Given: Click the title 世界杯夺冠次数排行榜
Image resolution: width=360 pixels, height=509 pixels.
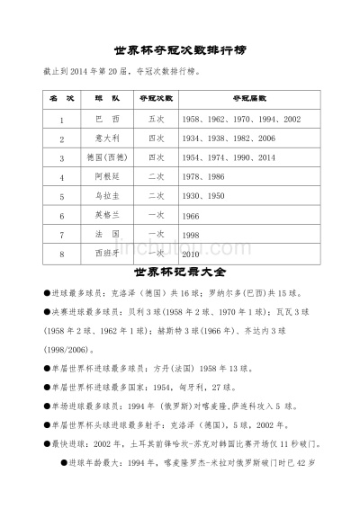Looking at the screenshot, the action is (179, 50).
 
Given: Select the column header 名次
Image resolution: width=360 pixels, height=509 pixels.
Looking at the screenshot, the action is (61, 98).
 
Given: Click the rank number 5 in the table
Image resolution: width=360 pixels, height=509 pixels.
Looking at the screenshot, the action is (61, 197).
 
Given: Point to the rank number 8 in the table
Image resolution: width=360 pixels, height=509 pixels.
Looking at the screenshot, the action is (61, 254).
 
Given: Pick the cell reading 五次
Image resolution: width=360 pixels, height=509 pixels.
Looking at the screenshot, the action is (157, 120).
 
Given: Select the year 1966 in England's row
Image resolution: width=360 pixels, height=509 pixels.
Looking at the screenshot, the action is (191, 216).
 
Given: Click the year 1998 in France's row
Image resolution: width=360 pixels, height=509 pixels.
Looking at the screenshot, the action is (191, 236).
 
